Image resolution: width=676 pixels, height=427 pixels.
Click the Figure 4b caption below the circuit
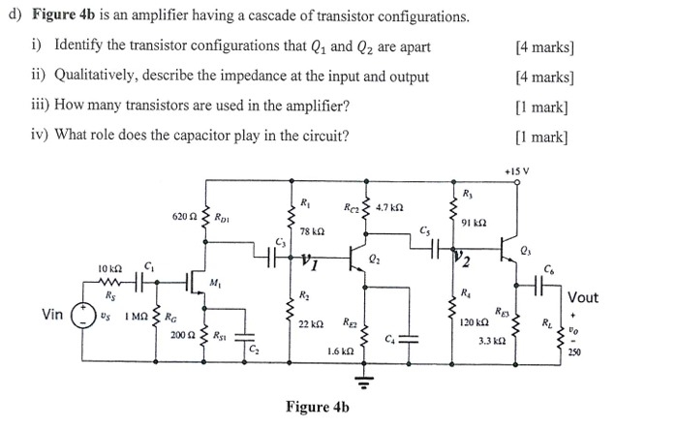coord(317,407)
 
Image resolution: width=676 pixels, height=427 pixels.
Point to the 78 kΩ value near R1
coord(310,232)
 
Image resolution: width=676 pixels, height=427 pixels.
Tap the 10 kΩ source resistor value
coord(109,266)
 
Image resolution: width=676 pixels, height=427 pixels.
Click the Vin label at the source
coord(53,314)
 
